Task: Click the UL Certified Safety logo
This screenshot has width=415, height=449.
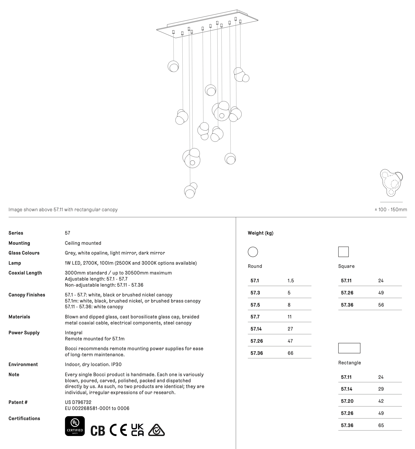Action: [x=75, y=426]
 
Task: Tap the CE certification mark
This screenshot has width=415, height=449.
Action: [x=118, y=430]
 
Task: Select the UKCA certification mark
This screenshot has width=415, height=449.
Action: [x=137, y=430]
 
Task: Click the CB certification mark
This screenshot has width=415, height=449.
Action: [x=98, y=430]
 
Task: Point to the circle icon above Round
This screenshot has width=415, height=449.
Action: [x=253, y=252]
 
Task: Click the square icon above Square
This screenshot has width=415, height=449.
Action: [x=343, y=252]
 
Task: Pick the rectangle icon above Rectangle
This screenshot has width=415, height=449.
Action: [x=349, y=348]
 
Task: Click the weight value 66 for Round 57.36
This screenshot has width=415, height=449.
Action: [x=290, y=353]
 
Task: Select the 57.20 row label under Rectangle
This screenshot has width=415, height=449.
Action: [x=347, y=401]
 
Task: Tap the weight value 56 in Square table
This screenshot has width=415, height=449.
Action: [x=381, y=305]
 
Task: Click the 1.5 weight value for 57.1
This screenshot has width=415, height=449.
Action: [x=290, y=281]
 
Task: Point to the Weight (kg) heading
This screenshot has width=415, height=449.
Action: [x=260, y=233]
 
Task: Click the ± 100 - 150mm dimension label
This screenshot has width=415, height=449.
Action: [x=391, y=209]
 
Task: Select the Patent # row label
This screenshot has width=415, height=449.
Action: [x=18, y=402]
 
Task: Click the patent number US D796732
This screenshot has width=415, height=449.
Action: [x=78, y=402]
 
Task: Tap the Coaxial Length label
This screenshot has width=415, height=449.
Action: [x=25, y=273]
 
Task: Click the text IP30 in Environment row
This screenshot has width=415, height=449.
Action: [x=116, y=364]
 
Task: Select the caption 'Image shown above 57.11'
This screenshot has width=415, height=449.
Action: [x=63, y=209]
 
